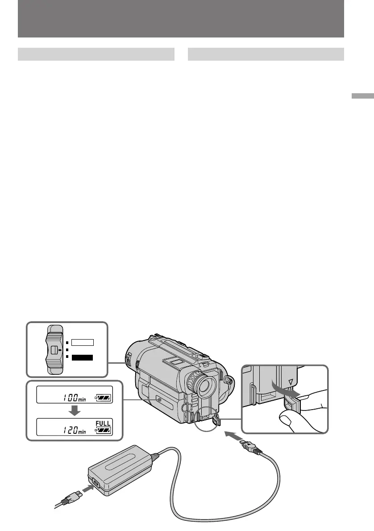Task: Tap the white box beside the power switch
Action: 82,343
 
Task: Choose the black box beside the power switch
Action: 82,357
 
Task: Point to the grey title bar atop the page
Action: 181,19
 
